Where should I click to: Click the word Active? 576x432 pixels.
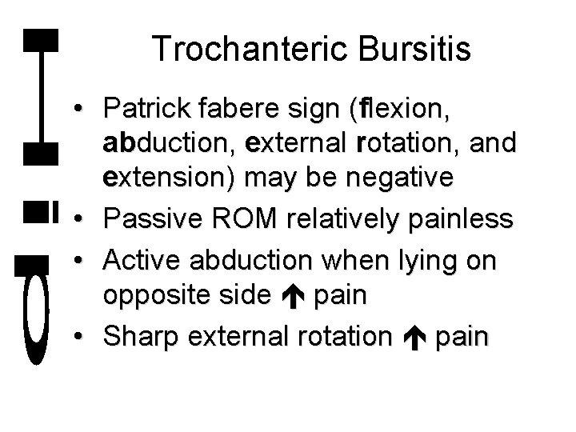[145, 261]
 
